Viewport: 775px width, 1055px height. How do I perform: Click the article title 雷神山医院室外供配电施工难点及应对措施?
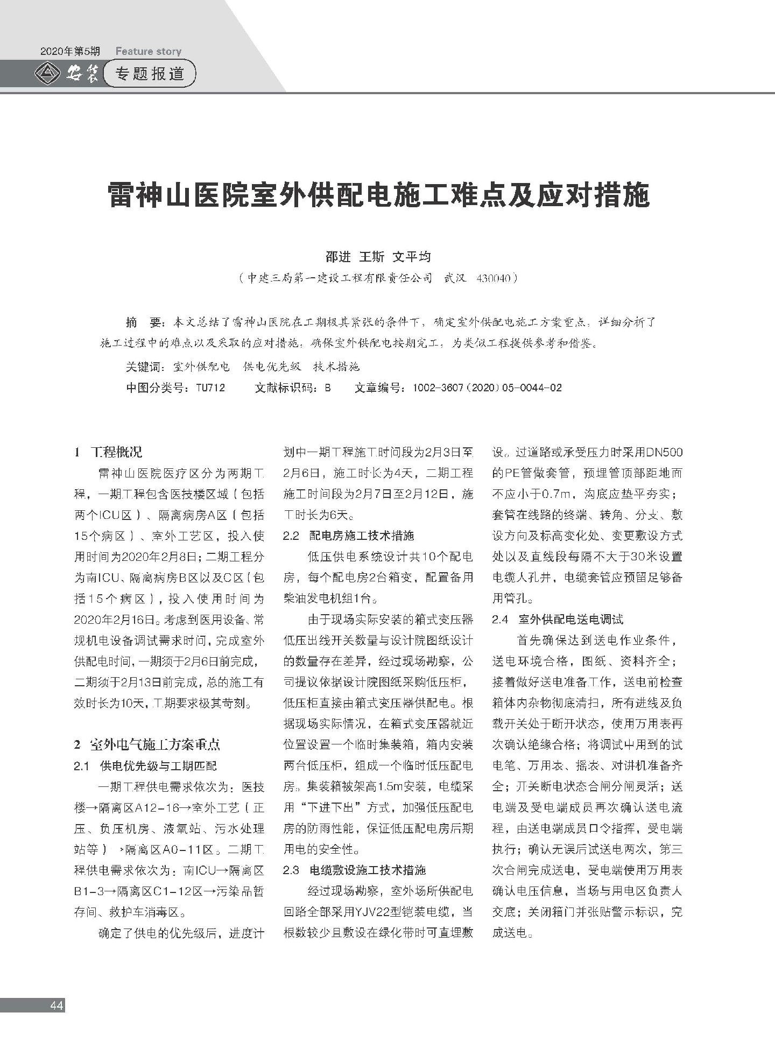379,195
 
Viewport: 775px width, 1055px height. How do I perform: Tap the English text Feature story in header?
149,52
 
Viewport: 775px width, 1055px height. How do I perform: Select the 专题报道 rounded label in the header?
150,74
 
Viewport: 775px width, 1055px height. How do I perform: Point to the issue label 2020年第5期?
70,52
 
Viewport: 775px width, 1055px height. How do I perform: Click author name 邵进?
338,257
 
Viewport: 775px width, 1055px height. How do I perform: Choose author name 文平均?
412,257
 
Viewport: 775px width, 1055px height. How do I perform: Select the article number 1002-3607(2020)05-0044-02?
487,388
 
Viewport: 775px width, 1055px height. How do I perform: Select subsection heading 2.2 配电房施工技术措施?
349,536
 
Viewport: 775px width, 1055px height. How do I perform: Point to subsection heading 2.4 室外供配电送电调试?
558,619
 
